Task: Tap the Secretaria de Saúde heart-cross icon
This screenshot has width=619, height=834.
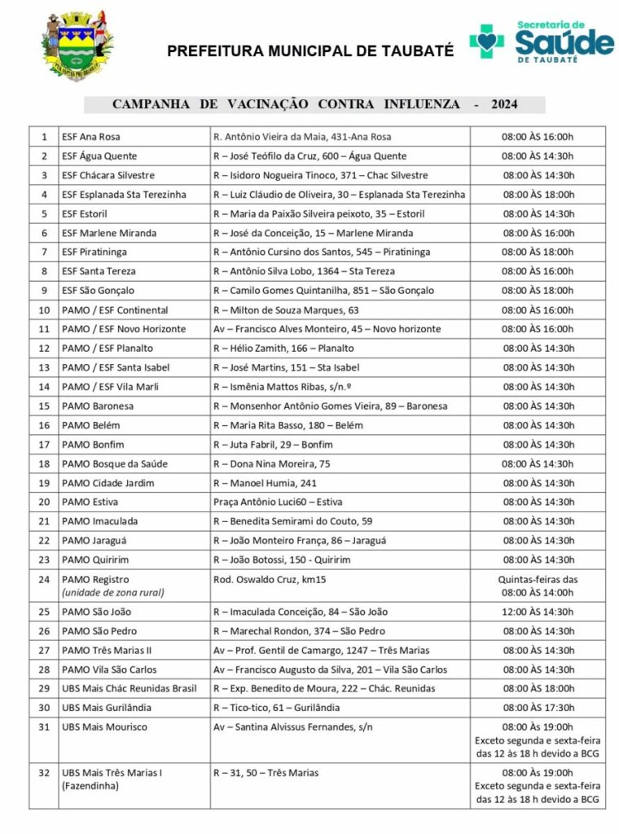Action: pos(486,42)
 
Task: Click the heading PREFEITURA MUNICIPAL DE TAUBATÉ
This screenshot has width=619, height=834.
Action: pos(309,51)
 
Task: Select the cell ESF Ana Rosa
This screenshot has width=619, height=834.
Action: pos(90,137)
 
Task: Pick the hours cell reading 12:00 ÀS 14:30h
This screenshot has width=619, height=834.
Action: pos(538,612)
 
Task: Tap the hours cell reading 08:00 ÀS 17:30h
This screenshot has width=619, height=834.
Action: pos(538,708)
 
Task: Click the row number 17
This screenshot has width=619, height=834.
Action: pos(43,445)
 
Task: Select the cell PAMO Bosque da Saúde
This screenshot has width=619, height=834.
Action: pos(115,463)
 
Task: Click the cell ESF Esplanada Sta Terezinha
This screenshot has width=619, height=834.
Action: pos(124,195)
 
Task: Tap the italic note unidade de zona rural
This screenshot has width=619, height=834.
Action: pos(113,592)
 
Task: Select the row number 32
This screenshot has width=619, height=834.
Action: pos(43,772)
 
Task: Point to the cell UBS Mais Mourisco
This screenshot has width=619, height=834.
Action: pos(104,726)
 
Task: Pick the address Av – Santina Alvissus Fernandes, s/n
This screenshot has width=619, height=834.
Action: pos(292,726)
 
